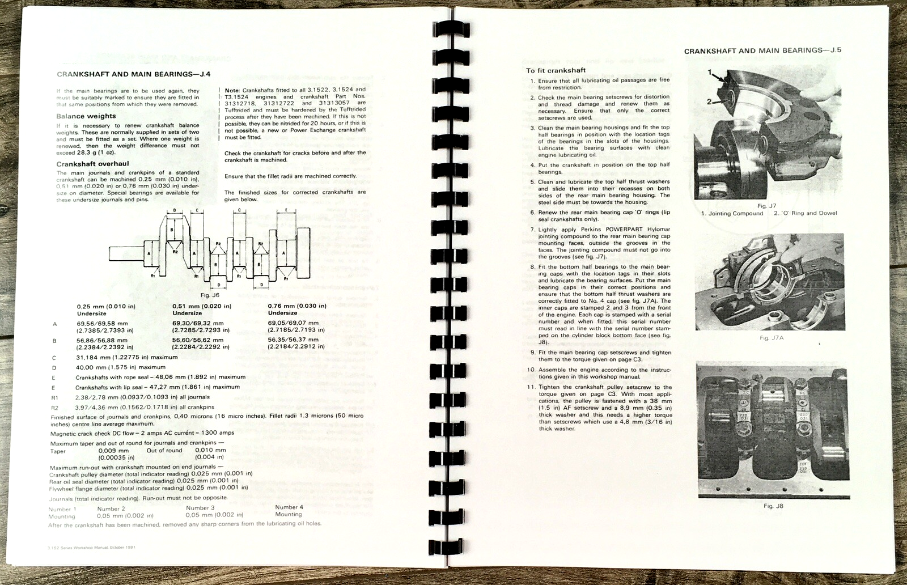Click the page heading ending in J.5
(762, 50)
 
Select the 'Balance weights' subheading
(86, 116)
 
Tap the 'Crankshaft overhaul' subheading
(92, 164)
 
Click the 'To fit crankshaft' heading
(556, 70)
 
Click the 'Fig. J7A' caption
(772, 338)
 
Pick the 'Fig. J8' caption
(773, 506)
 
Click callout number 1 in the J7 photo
(710, 72)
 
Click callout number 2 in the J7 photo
(709, 101)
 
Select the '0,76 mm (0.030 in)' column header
(297, 306)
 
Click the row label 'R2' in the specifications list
(54, 408)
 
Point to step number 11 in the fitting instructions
(531, 387)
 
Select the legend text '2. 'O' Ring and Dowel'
(805, 213)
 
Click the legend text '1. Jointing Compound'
(732, 213)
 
